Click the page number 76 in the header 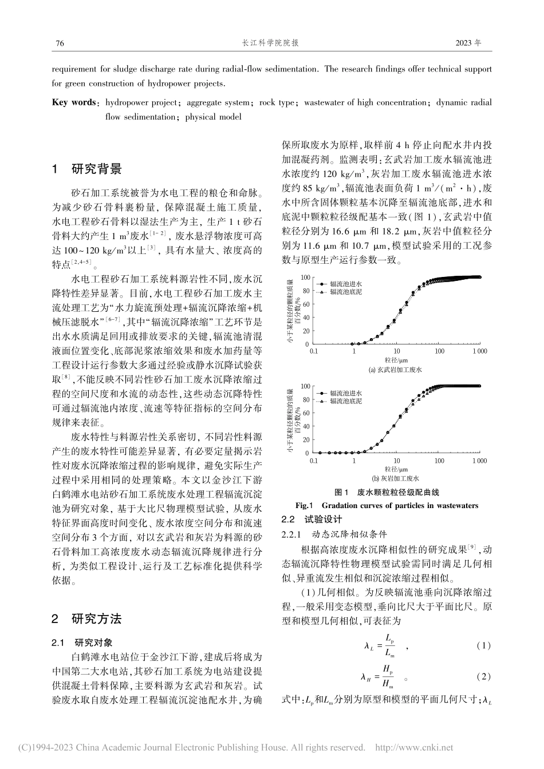pos(58,43)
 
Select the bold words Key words pos(74,103)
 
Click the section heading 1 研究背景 pos(87,169)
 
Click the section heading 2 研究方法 pos(87,619)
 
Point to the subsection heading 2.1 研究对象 pos(86,642)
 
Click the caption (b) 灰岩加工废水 pos(395,478)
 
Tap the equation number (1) pos(484,645)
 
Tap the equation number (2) pos(484,677)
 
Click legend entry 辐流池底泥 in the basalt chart pos(345,291)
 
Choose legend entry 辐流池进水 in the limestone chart pos(345,394)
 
